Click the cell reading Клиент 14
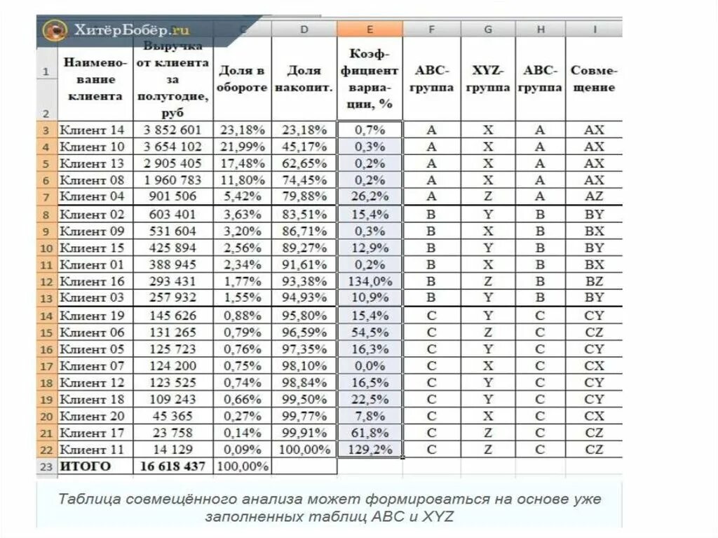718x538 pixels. click(x=92, y=130)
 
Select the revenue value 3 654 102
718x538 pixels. click(x=172, y=147)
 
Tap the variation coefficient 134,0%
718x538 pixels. click(x=370, y=281)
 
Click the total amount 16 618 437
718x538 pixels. click(x=172, y=466)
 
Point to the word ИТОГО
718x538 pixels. click(x=86, y=466)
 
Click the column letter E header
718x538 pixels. click(x=370, y=29)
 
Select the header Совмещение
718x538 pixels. click(x=593, y=79)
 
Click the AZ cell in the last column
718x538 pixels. click(x=594, y=196)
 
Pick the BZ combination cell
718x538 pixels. click(x=594, y=281)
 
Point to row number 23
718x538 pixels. click(x=46, y=466)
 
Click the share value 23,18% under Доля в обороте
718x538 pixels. click(x=243, y=130)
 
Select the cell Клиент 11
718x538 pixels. click(x=92, y=449)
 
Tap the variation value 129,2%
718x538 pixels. click(x=370, y=449)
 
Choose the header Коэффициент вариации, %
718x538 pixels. click(x=370, y=79)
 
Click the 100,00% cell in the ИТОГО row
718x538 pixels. click(x=243, y=466)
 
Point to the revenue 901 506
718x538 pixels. click(x=172, y=196)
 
